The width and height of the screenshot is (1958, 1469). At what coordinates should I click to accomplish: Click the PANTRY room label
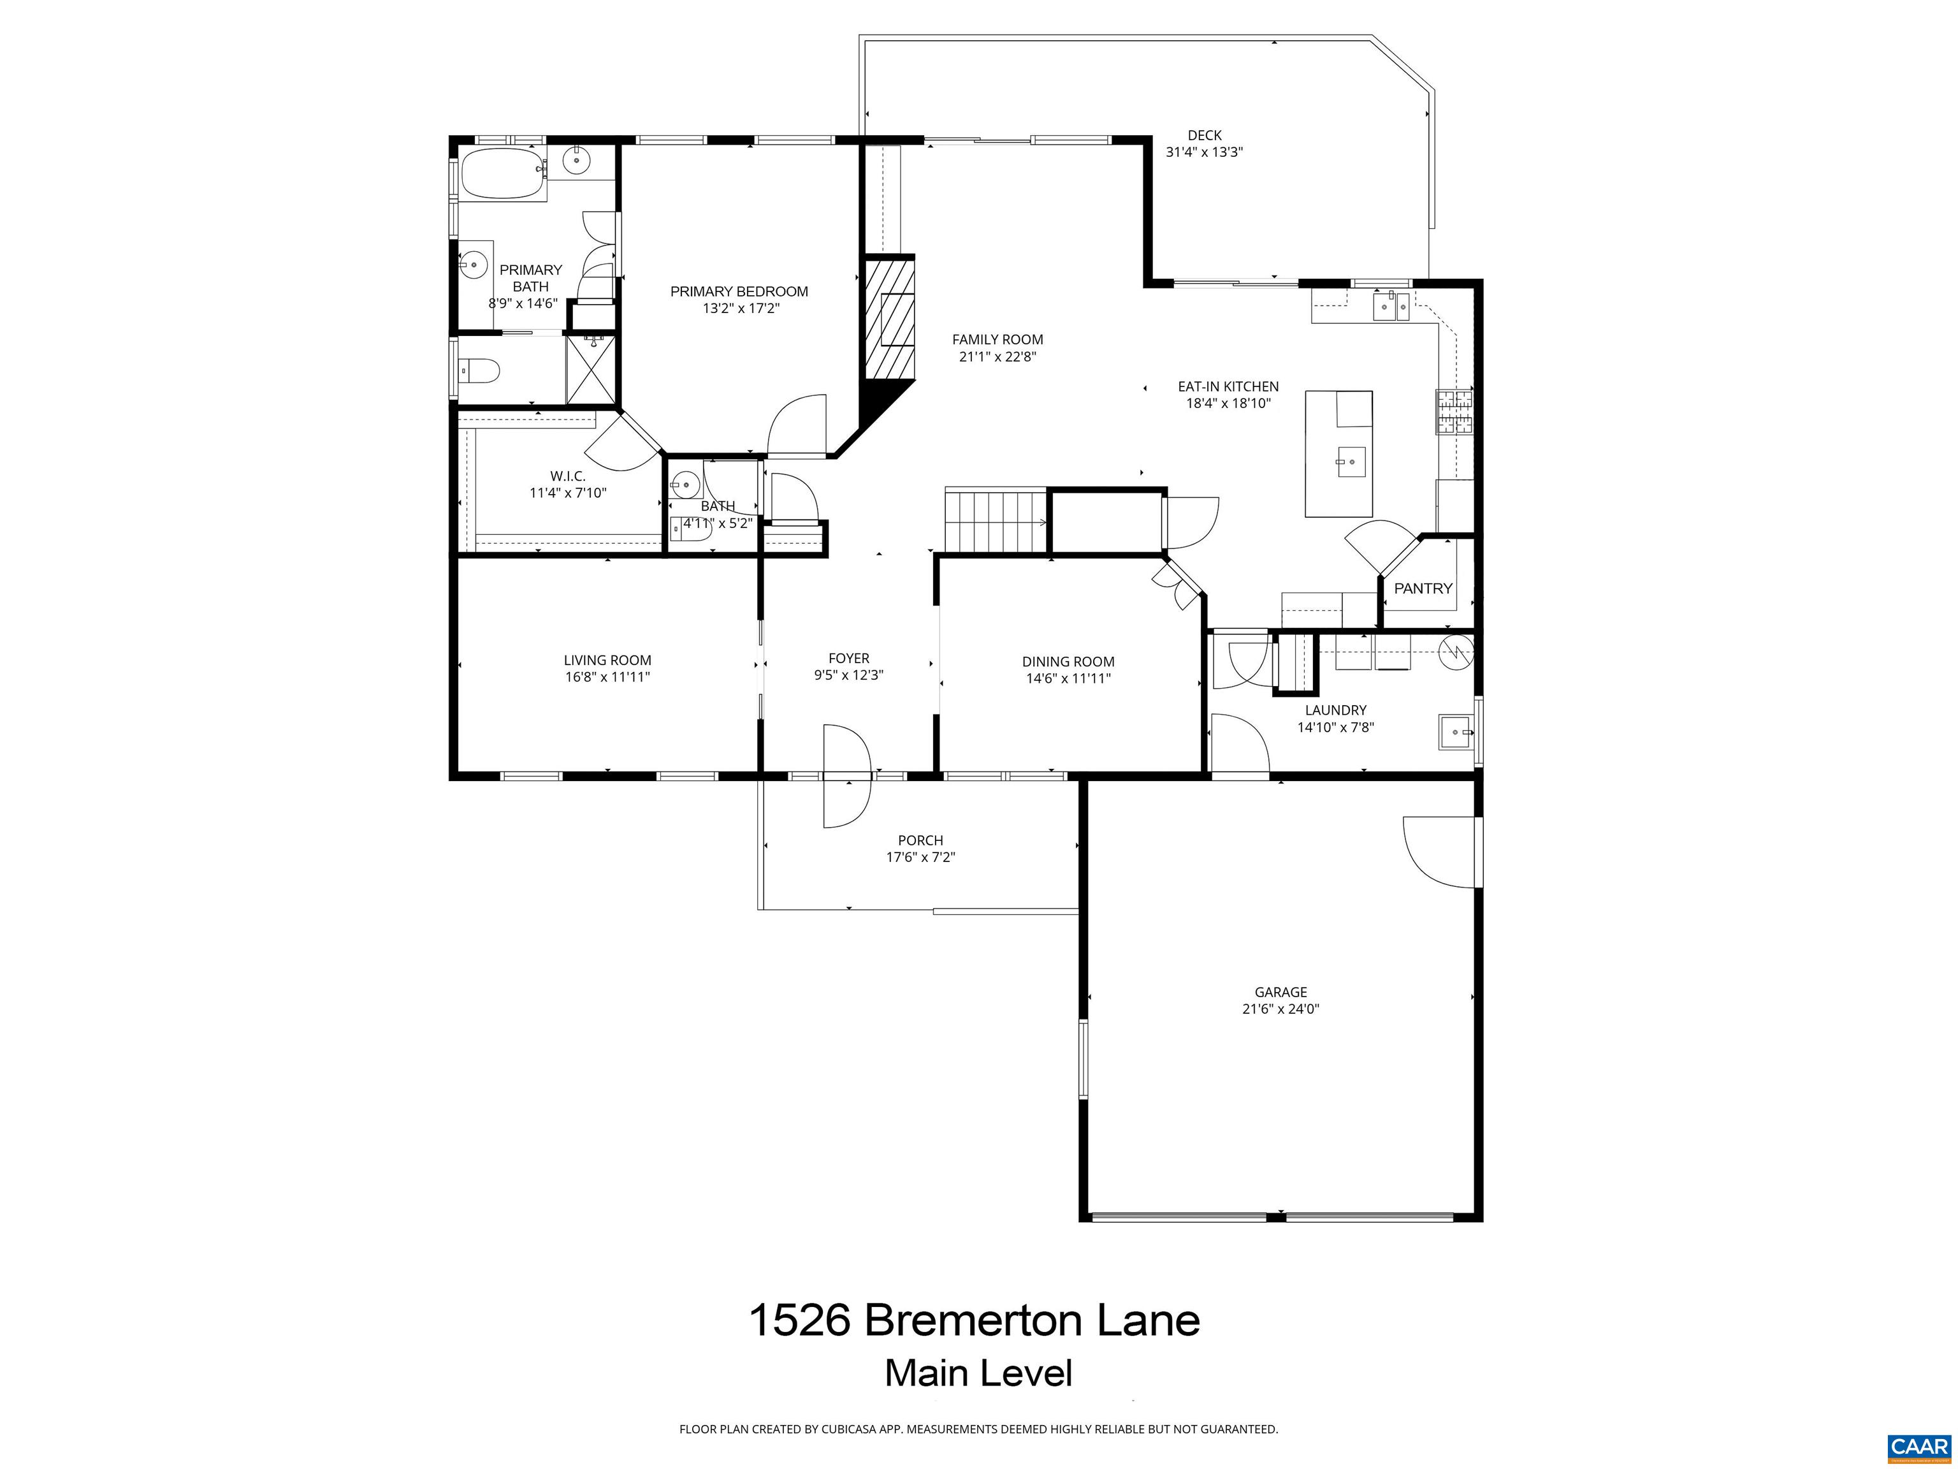tap(1423, 588)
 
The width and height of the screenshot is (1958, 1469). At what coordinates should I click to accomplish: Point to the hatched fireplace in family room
tap(888, 316)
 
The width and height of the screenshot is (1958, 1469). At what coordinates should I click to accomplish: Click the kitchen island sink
tap(1351, 460)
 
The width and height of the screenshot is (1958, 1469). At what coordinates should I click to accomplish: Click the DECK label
tap(1204, 135)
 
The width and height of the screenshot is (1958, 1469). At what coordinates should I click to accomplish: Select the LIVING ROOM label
tap(607, 661)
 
